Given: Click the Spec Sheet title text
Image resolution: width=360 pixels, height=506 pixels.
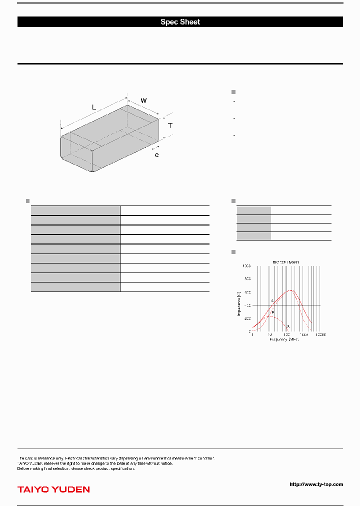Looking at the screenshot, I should tap(180, 22).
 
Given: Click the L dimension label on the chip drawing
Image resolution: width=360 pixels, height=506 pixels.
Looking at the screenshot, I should tap(93, 107).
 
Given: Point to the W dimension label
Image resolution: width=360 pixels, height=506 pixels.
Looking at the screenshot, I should tap(143, 100).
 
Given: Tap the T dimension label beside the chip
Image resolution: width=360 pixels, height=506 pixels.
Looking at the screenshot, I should tap(170, 125).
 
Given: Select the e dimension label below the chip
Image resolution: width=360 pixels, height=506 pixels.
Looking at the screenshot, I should tap(156, 155).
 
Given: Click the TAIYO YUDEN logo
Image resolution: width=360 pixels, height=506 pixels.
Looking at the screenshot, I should tap(53, 489).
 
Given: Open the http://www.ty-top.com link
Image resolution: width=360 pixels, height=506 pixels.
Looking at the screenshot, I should tap(316, 484).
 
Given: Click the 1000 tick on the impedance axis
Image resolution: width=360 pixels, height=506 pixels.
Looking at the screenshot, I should tap(247, 266).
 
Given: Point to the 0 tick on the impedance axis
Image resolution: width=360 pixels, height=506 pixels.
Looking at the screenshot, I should tap(249, 331).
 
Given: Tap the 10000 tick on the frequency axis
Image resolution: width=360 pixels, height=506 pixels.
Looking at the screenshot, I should tap(320, 335).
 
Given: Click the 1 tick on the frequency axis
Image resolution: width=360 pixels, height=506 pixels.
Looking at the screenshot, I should tap(252, 335).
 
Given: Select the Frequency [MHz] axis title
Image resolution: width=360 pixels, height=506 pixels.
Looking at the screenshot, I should tap(284, 339).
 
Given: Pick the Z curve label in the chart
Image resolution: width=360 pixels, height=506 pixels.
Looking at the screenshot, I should tap(272, 300).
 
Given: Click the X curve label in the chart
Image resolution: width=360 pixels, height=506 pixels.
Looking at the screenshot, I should tap(288, 326).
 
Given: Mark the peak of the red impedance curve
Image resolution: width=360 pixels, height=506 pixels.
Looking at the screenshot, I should tap(290, 290).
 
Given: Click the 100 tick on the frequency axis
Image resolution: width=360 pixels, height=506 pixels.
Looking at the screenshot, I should tap(286, 335).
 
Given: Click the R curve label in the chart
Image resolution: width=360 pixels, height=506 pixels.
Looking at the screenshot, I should tap(272, 312).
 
